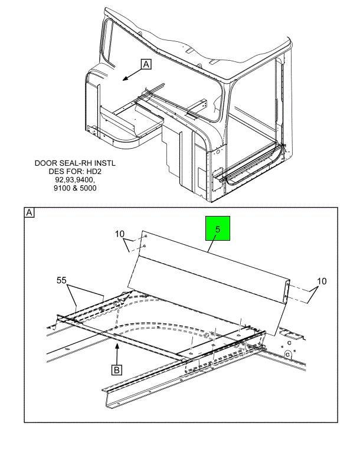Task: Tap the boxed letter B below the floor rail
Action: point(117,371)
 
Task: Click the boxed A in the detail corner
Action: point(29,212)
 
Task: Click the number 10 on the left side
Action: point(120,235)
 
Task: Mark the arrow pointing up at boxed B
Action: point(117,352)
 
